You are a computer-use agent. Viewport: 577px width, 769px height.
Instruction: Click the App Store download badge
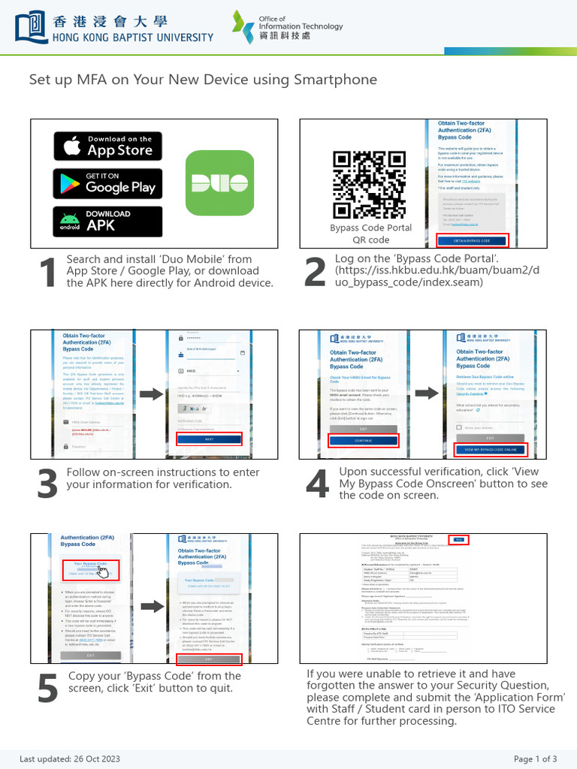tap(107, 146)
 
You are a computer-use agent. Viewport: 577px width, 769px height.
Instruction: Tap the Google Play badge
tap(107, 183)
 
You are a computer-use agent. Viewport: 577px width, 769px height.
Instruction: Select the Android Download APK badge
tap(107, 221)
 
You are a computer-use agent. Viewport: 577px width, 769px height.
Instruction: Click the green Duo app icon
tap(214, 183)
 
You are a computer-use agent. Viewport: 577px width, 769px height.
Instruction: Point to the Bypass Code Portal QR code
tap(361, 185)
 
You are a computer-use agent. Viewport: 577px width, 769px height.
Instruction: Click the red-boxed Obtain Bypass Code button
tap(472, 240)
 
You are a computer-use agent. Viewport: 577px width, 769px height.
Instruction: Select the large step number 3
tap(47, 485)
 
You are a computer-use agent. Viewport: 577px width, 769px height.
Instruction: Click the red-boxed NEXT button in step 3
tap(209, 439)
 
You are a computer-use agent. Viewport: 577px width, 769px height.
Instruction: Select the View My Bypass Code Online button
tap(491, 449)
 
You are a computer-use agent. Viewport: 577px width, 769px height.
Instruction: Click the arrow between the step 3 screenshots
tap(150, 394)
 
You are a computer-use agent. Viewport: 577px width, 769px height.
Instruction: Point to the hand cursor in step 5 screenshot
tap(103, 572)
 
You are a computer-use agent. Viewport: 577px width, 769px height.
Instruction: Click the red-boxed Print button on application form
tap(458, 540)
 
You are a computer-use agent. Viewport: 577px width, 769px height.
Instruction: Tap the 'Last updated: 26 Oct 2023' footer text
tap(70, 758)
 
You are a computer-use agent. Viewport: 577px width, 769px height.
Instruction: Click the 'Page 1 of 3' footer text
tap(536, 758)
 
